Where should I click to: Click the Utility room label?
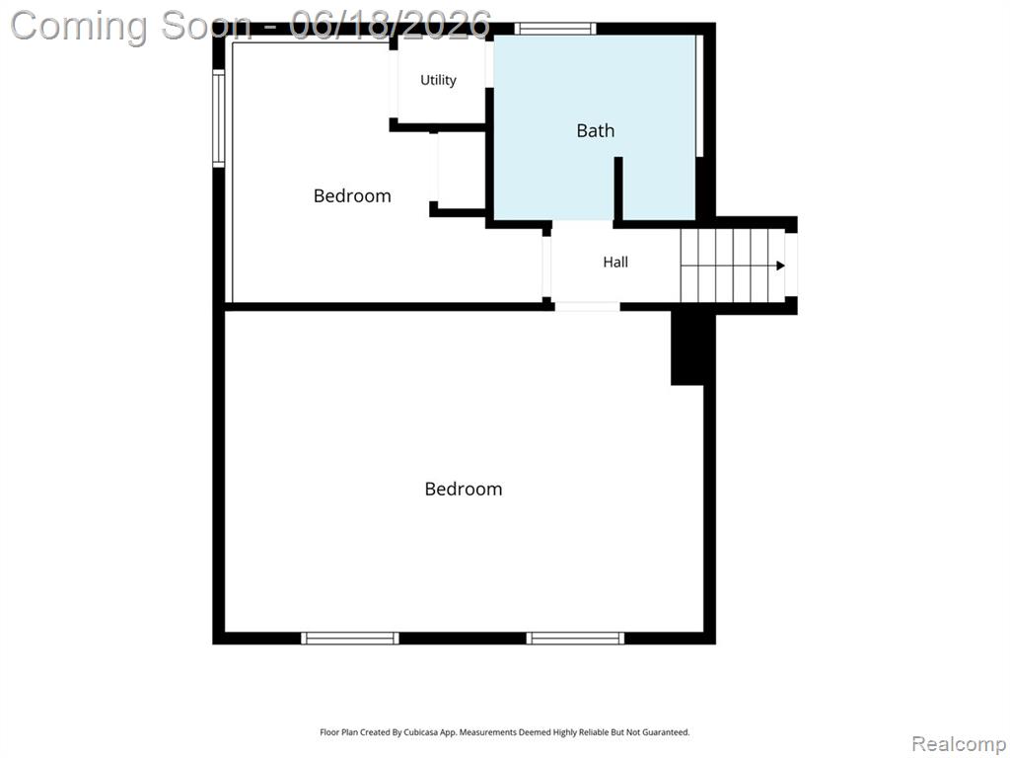pos(438,80)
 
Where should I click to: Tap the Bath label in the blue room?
pos(595,131)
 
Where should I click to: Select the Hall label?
pos(615,262)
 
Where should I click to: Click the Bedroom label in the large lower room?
pos(464,489)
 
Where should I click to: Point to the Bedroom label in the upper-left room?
pos(352,195)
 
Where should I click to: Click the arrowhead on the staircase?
pos(780,265)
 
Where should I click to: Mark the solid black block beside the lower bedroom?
pos(687,348)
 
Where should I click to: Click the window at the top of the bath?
pos(554,29)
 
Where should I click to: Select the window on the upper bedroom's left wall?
pos(218,118)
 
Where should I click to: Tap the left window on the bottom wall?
pos(350,639)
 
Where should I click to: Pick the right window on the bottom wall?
pos(575,639)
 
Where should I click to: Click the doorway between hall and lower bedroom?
pos(587,307)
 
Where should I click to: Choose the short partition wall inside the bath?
pos(618,189)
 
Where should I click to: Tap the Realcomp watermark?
pos(959,744)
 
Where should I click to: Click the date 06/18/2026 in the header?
pos(391,26)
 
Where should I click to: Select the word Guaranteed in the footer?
pos(668,732)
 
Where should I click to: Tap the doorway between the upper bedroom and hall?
pos(546,266)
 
